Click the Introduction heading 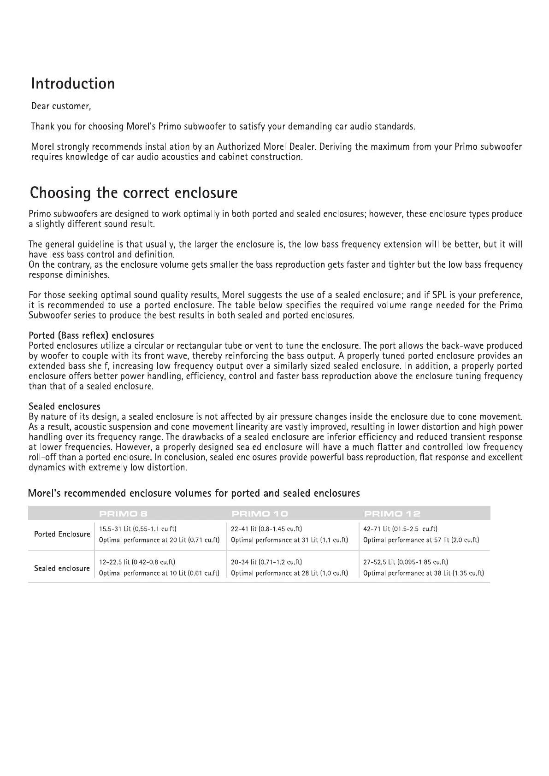coord(73,84)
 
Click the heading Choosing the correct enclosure coord(134,193)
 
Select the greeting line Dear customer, coord(61,106)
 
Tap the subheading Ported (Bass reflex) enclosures coord(91,335)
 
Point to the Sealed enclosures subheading coord(65,406)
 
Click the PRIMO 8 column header coord(123,513)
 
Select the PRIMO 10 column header coord(260,513)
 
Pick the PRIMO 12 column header coord(392,513)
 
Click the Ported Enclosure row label coord(62,535)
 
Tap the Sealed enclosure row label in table coord(62,569)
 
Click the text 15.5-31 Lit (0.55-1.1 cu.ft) coord(138,529)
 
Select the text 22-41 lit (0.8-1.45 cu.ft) coord(266,529)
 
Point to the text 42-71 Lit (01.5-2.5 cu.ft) coord(400,529)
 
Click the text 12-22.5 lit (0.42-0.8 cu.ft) coord(137,562)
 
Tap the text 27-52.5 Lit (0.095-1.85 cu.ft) coord(406,562)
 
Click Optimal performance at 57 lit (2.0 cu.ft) coord(421,540)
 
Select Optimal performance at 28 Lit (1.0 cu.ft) coord(289,574)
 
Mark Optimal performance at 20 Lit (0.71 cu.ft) coord(159,540)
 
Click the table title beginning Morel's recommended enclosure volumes coord(194,494)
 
